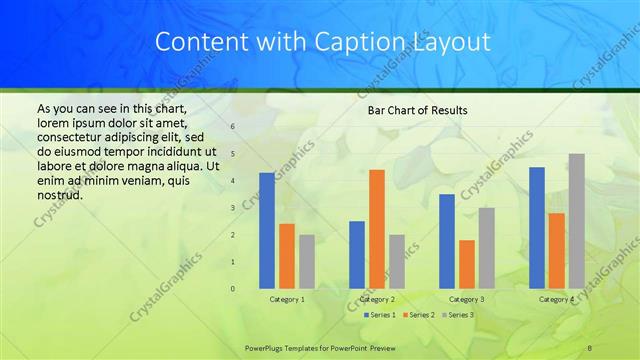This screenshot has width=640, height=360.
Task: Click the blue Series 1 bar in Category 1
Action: pyautogui.click(x=266, y=231)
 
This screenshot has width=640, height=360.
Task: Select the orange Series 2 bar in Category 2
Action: pyautogui.click(x=376, y=229)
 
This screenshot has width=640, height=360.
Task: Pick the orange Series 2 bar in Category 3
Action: pyautogui.click(x=466, y=264)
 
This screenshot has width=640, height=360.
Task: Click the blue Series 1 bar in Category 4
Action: pyautogui.click(x=537, y=228)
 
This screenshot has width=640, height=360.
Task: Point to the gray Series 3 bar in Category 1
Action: pyautogui.click(x=306, y=262)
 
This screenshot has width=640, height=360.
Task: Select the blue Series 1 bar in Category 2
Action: pyautogui.click(x=356, y=255)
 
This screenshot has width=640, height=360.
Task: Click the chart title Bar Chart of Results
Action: pyautogui.click(x=411, y=110)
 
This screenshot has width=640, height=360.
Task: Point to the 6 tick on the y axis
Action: pyautogui.click(x=232, y=127)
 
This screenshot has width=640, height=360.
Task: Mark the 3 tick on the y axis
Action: pyautogui.click(x=232, y=208)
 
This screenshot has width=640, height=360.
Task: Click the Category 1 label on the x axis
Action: pyautogui.click(x=287, y=299)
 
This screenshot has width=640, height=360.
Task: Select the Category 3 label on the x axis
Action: pyautogui.click(x=466, y=299)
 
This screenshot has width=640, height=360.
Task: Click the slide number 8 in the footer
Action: pyautogui.click(x=590, y=346)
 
